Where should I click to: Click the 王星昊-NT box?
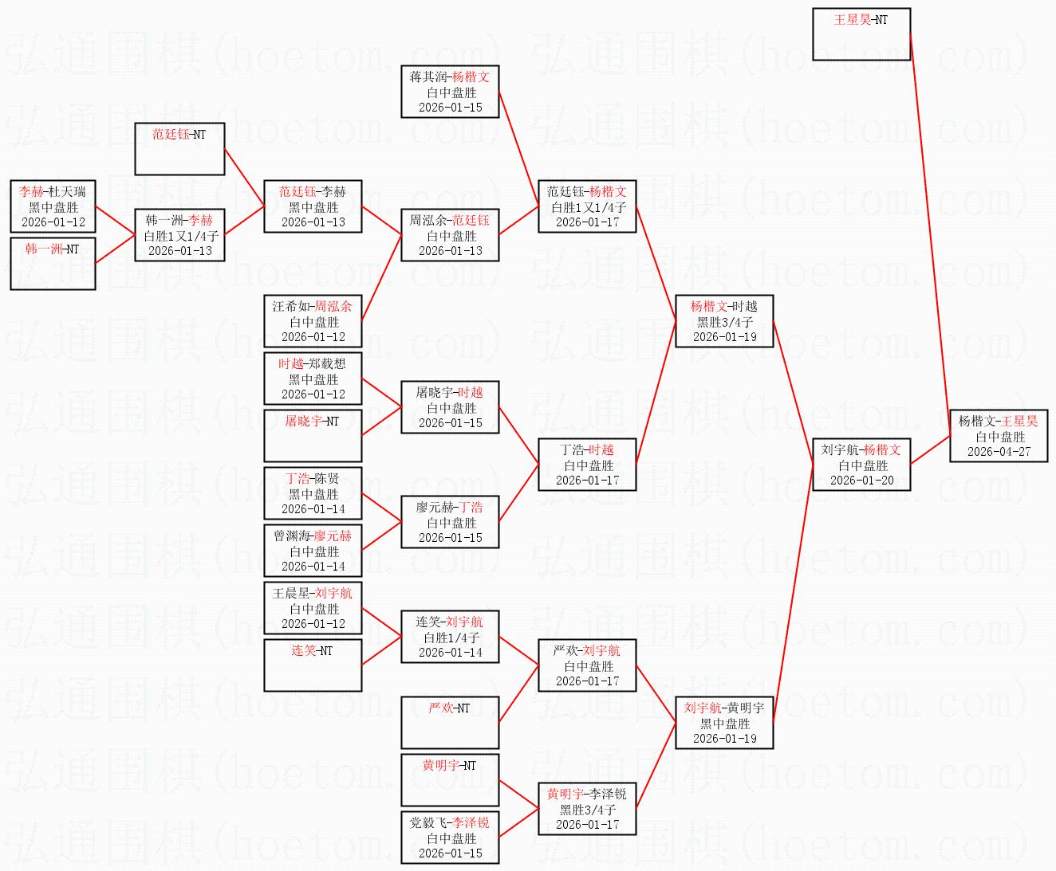click(861, 33)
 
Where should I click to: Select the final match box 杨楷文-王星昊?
click(999, 435)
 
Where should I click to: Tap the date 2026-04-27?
click(999, 452)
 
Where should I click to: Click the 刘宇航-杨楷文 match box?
click(861, 465)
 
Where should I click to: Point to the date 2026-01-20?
click(862, 481)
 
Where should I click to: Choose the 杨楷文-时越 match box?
click(724, 321)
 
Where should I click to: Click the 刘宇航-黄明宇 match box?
click(724, 723)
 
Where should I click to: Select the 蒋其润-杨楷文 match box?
click(450, 92)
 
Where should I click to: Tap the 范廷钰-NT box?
click(179, 148)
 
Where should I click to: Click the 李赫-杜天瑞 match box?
click(53, 206)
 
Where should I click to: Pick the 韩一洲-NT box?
click(53, 264)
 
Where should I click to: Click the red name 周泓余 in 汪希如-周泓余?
click(333, 306)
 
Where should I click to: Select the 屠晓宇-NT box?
click(313, 435)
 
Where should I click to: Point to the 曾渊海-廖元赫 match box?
click(313, 550)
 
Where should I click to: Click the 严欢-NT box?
click(450, 723)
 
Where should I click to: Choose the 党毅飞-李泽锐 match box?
click(450, 838)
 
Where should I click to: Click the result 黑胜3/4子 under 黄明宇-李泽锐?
click(588, 810)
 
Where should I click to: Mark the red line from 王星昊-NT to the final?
click(931, 234)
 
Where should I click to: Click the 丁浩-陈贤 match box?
click(313, 493)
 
